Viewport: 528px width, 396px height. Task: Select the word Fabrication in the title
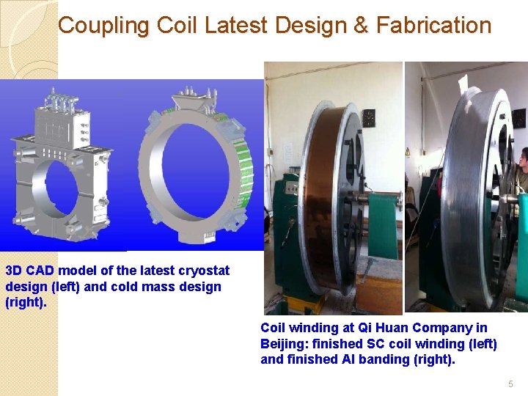click(433, 26)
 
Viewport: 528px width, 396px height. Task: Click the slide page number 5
click(511, 384)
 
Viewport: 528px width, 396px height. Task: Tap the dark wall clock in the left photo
click(368, 117)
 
